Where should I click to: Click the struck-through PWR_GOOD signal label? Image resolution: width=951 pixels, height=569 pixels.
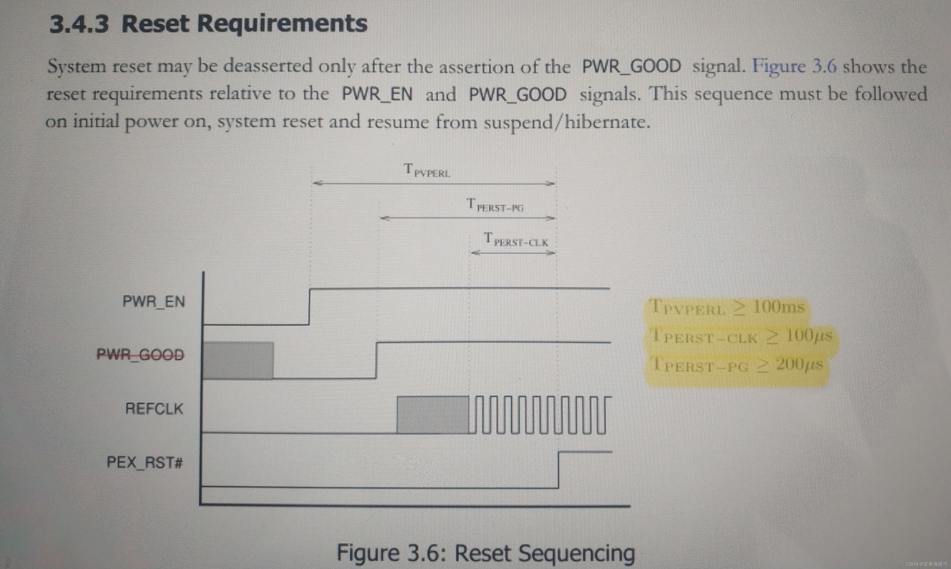140,354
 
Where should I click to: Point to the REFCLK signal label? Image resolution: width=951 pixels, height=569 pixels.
154,409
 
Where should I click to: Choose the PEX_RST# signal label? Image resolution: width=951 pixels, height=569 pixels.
145,463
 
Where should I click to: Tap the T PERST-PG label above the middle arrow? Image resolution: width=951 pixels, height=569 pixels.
495,205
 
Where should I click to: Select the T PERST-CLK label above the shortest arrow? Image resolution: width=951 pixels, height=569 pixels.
516,240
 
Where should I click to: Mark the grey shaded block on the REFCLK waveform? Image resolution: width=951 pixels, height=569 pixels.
433,415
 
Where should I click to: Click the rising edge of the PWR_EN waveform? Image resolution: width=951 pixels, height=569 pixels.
310,306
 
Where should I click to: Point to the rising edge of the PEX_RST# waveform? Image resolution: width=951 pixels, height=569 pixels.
558,470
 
